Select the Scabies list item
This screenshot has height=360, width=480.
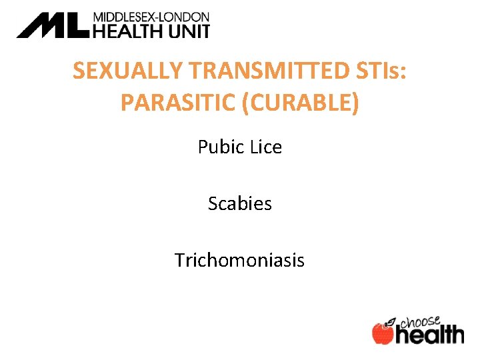coord(240,203)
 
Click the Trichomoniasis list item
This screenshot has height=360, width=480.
coord(240,259)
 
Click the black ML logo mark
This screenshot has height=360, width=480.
coord(53,25)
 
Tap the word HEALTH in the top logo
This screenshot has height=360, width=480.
coord(127,30)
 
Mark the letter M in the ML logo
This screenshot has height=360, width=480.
coord(41,25)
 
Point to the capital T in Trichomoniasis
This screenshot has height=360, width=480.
coord(180,259)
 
